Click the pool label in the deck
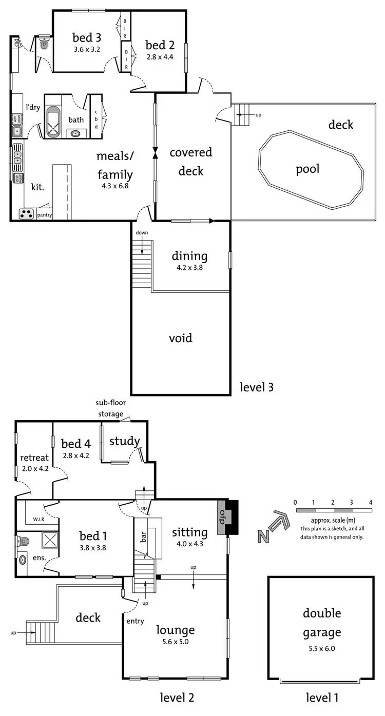[307, 169]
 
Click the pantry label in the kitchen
[45, 215]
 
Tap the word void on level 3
[181, 338]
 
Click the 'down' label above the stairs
[142, 232]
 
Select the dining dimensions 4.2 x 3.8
[189, 267]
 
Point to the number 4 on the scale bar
[370, 502]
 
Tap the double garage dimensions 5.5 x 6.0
[322, 648]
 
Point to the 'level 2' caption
[177, 698]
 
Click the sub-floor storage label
[110, 408]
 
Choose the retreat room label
[34, 458]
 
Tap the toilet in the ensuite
[23, 540]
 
